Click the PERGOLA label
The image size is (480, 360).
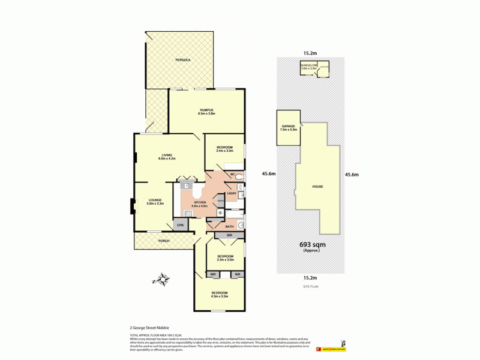point(183,61)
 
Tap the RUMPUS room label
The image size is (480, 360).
point(206,110)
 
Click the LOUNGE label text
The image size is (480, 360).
point(155,201)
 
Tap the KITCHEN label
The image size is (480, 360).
point(199,203)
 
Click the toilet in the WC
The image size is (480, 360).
point(238,176)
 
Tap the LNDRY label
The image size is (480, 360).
point(232,193)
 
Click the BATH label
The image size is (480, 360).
point(229,226)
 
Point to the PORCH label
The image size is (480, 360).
point(164,241)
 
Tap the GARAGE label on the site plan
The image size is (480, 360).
point(287,126)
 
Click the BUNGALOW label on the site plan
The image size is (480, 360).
point(308,65)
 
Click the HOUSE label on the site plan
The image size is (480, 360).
point(317,186)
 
